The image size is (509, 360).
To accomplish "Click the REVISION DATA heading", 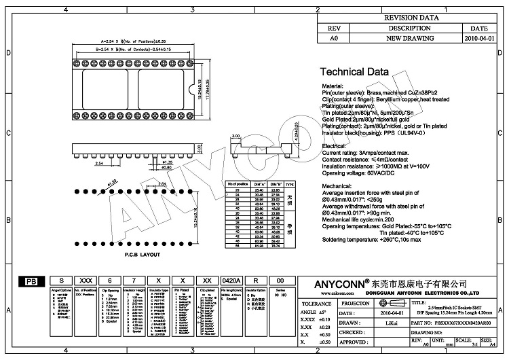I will click(411, 18).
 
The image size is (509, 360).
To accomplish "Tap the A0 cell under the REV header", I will click(333, 39).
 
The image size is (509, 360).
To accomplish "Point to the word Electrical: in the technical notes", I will click(334, 146).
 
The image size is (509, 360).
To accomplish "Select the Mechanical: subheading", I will click(337, 185).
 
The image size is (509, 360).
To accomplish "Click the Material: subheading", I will click(333, 87).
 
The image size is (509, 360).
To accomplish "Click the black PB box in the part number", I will click(31, 281).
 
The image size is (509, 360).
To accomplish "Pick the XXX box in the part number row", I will click(86, 281).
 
